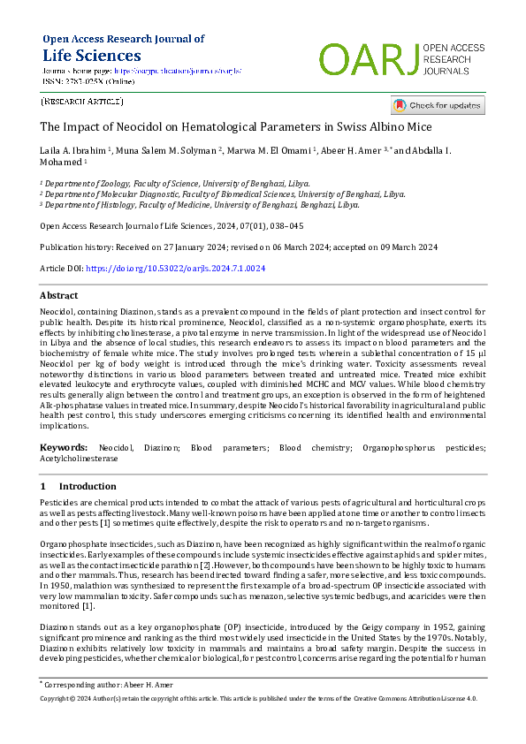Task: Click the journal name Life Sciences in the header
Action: [x=87, y=55]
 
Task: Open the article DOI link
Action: [x=175, y=268]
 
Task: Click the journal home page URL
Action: [x=177, y=70]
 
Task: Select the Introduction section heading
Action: [x=88, y=487]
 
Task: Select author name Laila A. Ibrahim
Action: [x=73, y=151]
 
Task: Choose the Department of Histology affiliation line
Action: [x=187, y=204]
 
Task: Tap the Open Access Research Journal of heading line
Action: [x=123, y=39]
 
